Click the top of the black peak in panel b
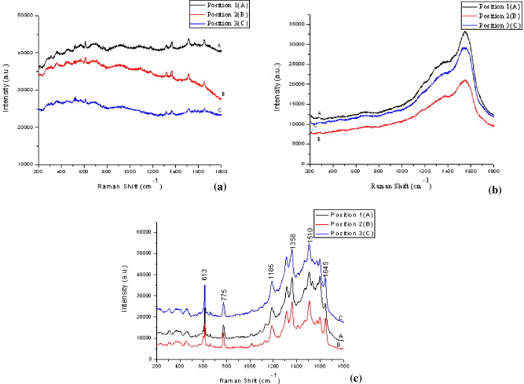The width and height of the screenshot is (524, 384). (x=465, y=32)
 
